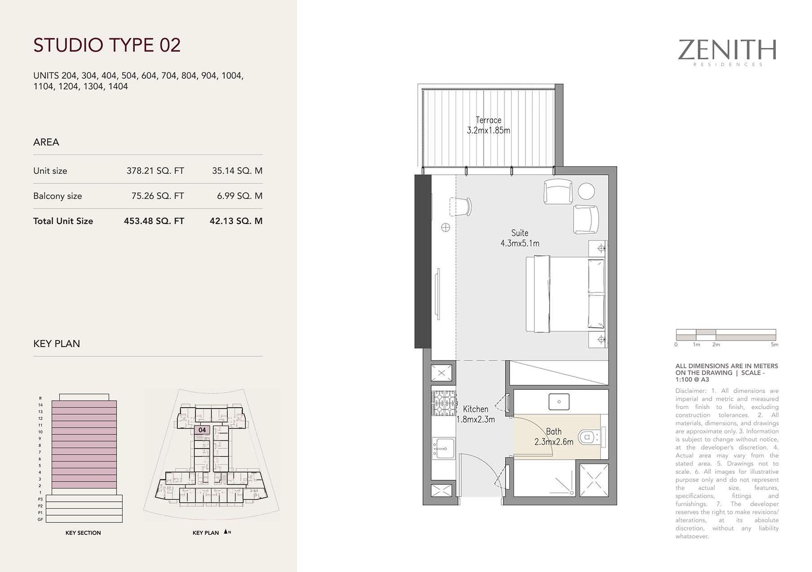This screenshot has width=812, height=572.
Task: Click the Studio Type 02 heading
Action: (107, 45)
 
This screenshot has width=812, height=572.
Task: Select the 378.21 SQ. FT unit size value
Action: (155, 171)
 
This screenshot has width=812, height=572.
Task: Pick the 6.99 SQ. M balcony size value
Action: (240, 196)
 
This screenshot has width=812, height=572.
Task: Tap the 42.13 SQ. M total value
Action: (236, 221)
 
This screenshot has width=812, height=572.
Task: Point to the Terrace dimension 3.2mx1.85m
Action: (488, 131)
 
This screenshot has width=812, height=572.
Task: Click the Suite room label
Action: (520, 233)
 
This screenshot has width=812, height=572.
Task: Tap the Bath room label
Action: (554, 432)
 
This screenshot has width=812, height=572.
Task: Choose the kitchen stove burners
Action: (443, 403)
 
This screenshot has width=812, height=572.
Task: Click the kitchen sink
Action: (443, 448)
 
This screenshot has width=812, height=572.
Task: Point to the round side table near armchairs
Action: (586, 191)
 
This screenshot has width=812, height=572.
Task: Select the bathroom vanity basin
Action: (559, 402)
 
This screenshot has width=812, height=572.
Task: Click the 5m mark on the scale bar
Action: (775, 345)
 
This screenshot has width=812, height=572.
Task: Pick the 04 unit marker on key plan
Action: (202, 430)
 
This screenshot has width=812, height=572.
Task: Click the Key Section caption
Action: (83, 533)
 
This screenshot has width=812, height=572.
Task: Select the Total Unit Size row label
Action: (63, 221)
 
